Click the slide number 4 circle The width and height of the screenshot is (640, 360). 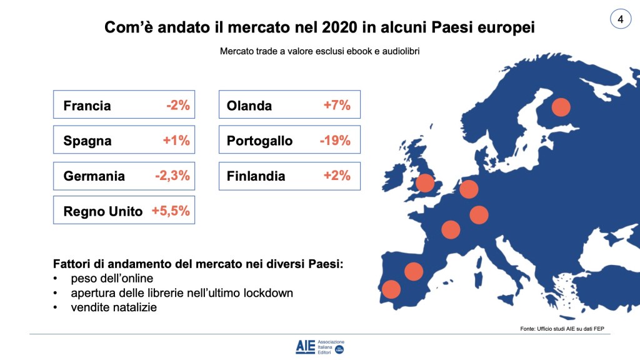(620, 19)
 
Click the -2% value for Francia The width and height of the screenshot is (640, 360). (177, 106)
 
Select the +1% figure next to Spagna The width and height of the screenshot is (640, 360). (176, 141)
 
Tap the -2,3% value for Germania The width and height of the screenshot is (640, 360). (172, 176)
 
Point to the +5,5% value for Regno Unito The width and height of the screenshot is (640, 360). (171, 211)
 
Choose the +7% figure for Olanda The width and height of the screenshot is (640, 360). (337, 106)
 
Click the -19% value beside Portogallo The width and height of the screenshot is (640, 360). (335, 141)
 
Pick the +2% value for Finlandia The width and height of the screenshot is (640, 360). (337, 176)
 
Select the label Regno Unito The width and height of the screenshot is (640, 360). (103, 212)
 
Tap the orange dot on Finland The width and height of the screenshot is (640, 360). (561, 107)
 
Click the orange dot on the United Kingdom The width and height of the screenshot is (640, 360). (425, 183)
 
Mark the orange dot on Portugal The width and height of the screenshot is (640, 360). (391, 289)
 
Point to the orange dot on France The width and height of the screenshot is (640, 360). (451, 229)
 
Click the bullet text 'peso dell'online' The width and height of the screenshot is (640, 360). (112, 279)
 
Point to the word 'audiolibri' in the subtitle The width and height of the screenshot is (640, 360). (397, 52)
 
